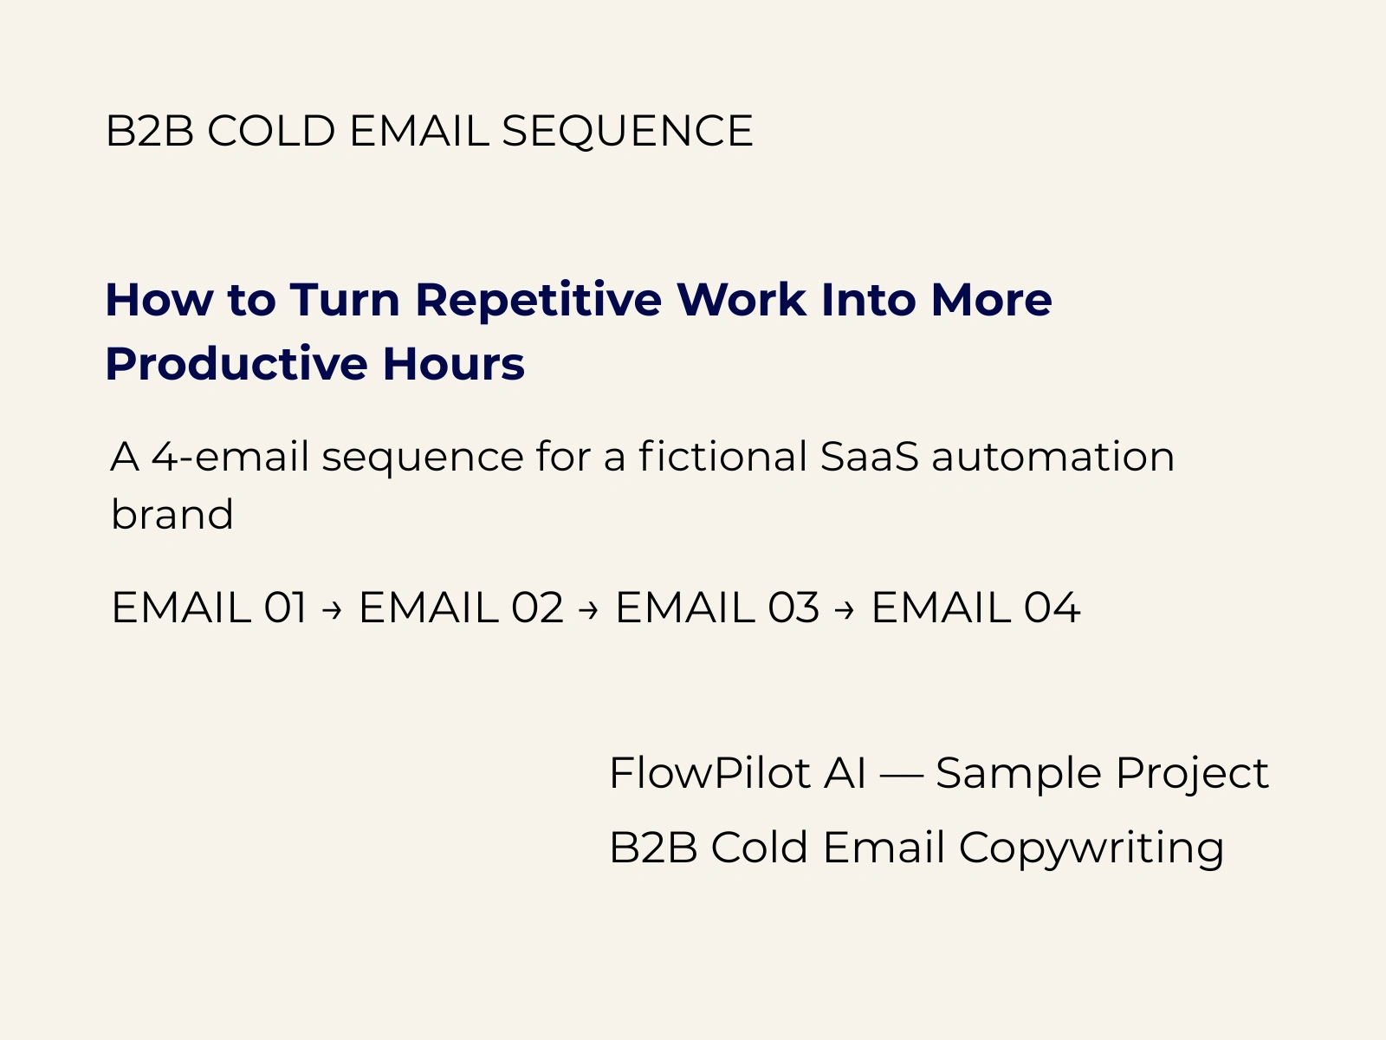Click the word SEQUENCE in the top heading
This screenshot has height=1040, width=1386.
pos(627,132)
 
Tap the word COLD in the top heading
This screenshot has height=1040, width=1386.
pos(271,131)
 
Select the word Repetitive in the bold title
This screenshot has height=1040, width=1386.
pos(539,301)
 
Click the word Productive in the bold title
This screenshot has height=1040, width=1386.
pos(236,363)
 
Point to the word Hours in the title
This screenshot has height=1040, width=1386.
pos(453,364)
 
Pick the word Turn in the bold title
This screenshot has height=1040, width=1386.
pos(345,300)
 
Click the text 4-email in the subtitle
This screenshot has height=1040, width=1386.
pos(230,456)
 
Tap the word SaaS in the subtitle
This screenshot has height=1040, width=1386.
pos(869,456)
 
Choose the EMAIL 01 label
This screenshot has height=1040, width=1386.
pos(209,608)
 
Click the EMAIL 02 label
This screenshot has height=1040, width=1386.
pos(461,608)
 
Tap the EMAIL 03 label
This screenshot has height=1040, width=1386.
pos(717,608)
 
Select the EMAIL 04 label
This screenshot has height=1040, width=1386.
pos(976,608)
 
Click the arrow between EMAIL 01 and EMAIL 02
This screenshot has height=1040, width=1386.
pos(332,610)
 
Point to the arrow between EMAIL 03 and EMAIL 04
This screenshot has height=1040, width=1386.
pos(845,610)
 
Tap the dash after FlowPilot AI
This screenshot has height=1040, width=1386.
pos(901,776)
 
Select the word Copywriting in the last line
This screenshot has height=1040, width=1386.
pos(1091,848)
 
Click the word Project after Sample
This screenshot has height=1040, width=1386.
pos(1192,774)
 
